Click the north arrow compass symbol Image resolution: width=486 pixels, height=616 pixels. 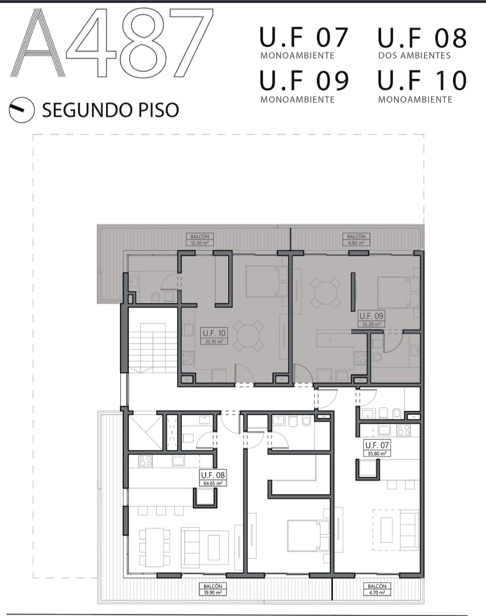(22, 110)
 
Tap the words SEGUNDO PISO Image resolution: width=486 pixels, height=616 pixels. (111, 110)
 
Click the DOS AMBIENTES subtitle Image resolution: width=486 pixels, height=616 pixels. (414, 55)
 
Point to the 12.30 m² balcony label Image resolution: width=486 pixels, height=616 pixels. (200, 239)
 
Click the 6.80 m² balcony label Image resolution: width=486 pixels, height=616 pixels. (356, 239)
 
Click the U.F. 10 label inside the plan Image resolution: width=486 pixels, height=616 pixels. (214, 333)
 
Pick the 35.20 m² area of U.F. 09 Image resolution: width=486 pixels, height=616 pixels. (371, 324)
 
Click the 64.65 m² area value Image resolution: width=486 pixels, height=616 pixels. (213, 483)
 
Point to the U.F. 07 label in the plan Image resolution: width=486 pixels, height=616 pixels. (377, 445)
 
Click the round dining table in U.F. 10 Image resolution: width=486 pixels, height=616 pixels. (248, 336)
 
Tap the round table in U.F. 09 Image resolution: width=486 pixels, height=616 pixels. (326, 293)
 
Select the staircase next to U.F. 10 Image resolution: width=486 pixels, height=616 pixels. (153, 348)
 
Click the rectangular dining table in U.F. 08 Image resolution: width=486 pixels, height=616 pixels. (155, 548)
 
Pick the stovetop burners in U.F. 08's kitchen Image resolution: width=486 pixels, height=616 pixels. (145, 461)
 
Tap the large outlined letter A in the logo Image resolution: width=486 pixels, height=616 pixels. (38, 43)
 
